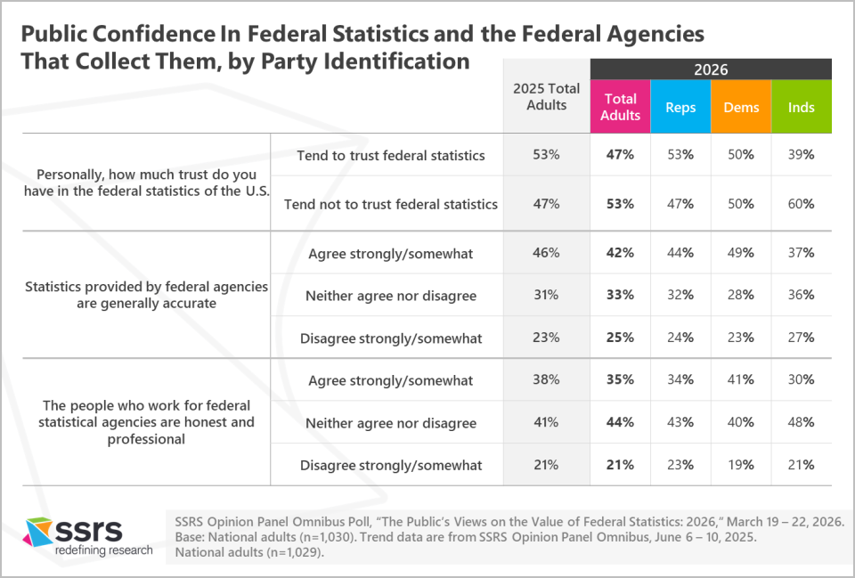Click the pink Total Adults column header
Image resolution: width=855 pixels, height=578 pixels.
click(620, 107)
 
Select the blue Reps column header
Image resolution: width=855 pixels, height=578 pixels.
click(680, 107)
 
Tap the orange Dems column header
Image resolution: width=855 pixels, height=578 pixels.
click(741, 107)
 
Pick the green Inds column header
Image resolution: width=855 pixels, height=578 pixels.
click(802, 107)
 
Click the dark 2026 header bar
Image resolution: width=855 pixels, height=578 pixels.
click(711, 69)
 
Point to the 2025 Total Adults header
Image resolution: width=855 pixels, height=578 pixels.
click(546, 96)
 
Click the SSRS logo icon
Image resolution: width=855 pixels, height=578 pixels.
click(38, 533)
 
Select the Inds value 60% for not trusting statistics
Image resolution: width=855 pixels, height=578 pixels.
click(802, 204)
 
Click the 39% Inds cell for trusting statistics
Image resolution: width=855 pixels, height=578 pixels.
click(802, 155)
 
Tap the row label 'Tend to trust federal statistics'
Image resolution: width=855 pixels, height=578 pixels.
click(390, 155)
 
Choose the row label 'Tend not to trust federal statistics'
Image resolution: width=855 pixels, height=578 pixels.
click(390, 204)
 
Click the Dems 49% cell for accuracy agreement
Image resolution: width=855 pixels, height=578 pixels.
click(741, 253)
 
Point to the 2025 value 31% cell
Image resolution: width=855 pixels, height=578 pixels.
click(546, 296)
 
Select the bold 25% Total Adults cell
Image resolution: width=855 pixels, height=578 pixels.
click(620, 338)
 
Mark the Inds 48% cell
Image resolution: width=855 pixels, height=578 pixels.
click(802, 423)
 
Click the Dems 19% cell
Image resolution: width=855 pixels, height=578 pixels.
click(741, 465)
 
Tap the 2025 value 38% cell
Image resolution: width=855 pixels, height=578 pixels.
click(546, 380)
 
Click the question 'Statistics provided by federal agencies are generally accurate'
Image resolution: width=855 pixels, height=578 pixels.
click(146, 295)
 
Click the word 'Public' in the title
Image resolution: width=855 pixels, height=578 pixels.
click(59, 34)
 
